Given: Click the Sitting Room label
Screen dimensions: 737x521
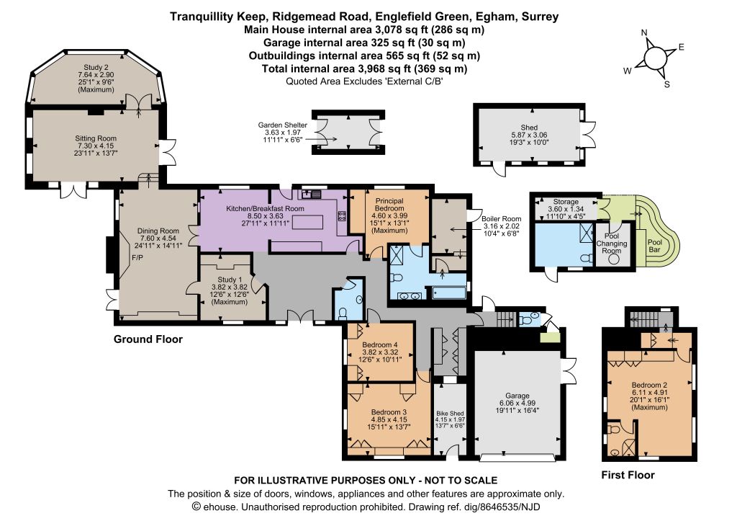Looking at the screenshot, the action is (x=96, y=138).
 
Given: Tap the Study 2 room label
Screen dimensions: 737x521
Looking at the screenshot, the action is (x=96, y=67).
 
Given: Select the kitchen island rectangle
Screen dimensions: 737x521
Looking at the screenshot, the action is (x=308, y=221).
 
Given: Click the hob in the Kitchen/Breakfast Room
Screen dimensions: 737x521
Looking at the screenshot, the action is (x=342, y=216).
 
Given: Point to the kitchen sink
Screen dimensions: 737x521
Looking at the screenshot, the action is (x=311, y=193).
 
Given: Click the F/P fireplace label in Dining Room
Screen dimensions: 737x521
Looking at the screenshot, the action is (x=137, y=258).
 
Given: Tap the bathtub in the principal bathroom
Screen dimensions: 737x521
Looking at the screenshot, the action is (x=449, y=293).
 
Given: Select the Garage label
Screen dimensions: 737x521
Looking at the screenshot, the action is (x=517, y=396).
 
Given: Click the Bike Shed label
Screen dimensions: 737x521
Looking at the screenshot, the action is (x=450, y=413).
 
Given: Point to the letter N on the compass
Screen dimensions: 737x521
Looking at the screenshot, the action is (x=644, y=32).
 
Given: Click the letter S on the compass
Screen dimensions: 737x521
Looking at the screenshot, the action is (x=666, y=85).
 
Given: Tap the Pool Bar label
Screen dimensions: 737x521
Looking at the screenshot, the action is (x=655, y=246).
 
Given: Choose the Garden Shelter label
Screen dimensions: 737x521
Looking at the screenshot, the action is (x=282, y=125).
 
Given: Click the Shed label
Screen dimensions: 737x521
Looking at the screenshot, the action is (x=529, y=128).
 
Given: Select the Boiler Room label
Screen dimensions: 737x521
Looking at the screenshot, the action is (x=501, y=219).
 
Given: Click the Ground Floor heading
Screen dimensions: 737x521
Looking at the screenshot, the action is (x=148, y=339).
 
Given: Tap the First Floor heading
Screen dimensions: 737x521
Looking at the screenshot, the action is (x=628, y=475).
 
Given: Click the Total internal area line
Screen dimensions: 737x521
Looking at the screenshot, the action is (x=364, y=68).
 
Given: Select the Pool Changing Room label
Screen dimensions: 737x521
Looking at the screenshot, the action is (x=612, y=244).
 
